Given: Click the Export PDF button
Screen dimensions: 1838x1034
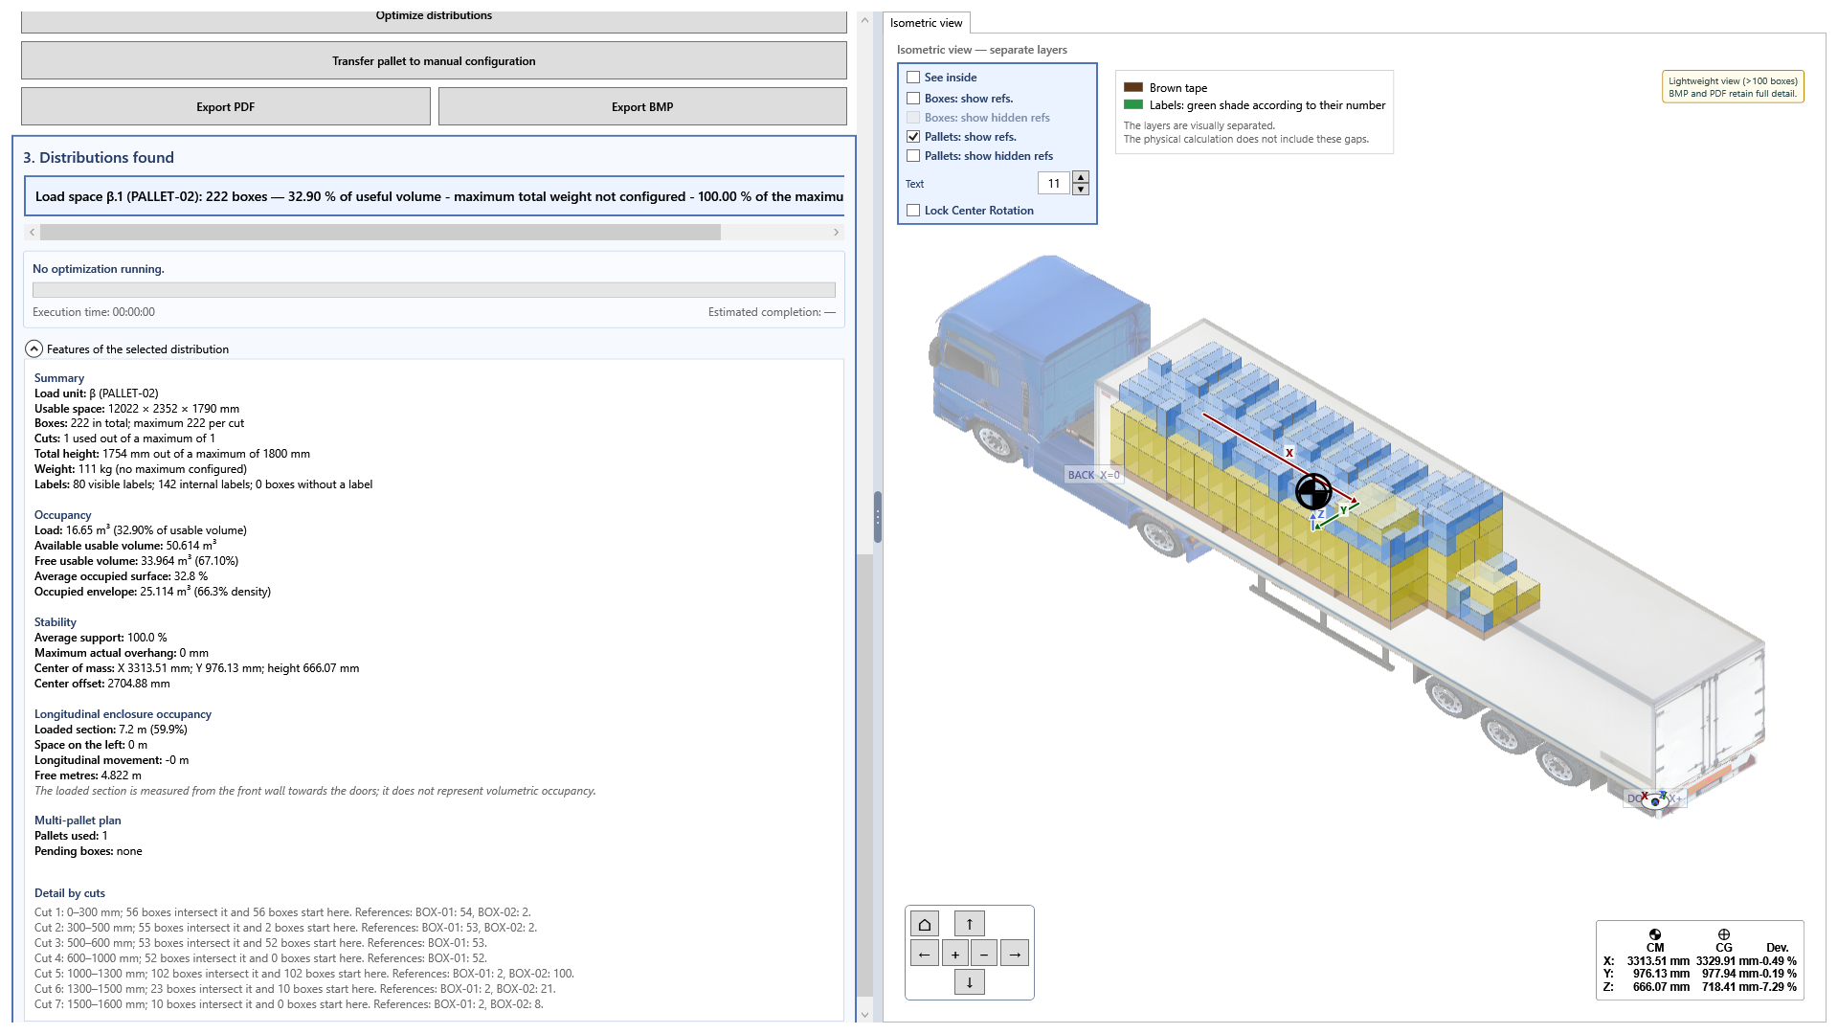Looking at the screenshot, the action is [225, 106].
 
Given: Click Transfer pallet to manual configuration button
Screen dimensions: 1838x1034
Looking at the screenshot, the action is [434, 60].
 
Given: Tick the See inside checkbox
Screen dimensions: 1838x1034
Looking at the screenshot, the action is [913, 78].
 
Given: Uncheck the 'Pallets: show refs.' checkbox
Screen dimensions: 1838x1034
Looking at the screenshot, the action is [913, 137].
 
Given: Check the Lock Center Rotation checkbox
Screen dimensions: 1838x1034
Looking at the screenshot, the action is [913, 211].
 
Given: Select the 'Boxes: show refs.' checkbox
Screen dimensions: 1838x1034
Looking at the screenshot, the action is [913, 99].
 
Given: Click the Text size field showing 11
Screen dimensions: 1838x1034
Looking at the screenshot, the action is [1054, 183].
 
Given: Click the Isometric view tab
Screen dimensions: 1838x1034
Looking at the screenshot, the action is [926, 23].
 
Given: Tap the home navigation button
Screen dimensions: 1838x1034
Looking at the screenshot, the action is [925, 924].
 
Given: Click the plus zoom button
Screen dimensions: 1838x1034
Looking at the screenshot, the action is [954, 954].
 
